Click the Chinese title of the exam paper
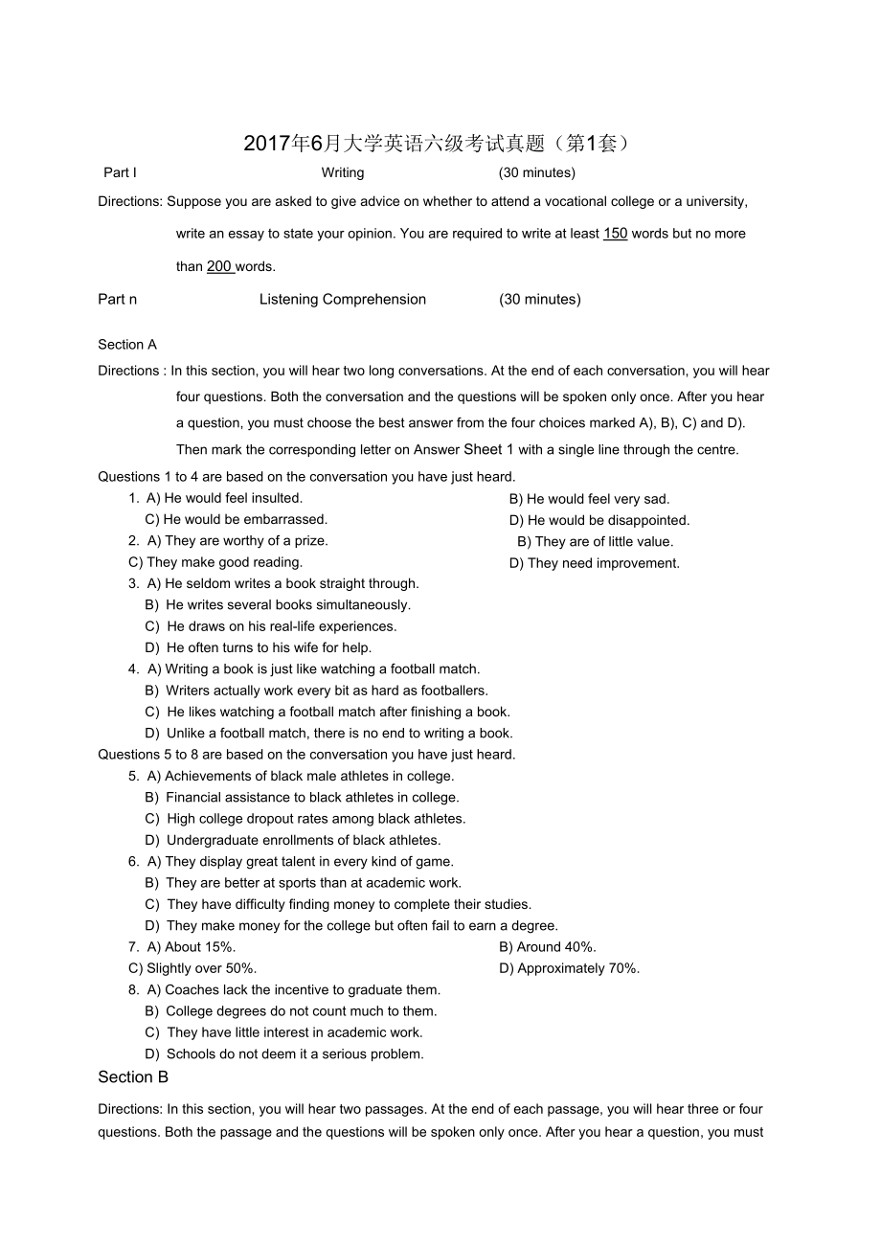(x=439, y=144)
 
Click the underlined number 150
(x=615, y=234)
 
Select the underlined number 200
(x=219, y=267)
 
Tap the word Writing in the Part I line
(x=343, y=173)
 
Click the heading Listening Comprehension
(x=343, y=300)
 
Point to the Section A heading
(x=127, y=345)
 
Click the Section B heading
(x=133, y=1077)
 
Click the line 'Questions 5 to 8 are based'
(x=306, y=755)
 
